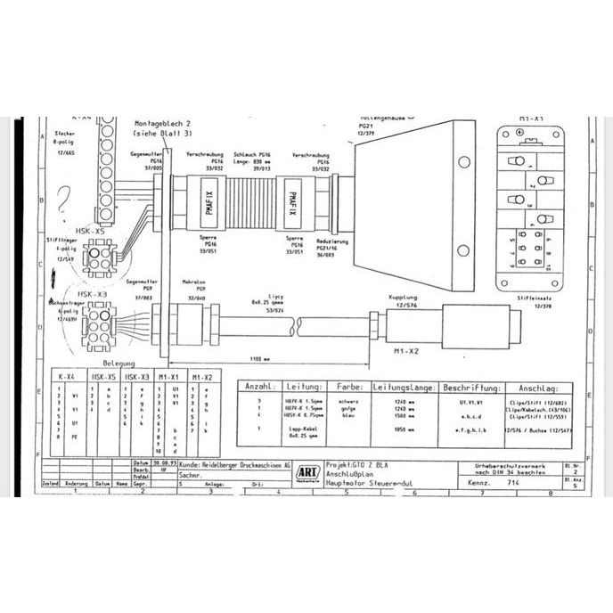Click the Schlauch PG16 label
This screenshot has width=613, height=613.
pos(252,153)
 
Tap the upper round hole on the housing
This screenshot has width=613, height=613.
pos(464,162)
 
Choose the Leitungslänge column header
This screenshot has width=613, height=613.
pos(404,388)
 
